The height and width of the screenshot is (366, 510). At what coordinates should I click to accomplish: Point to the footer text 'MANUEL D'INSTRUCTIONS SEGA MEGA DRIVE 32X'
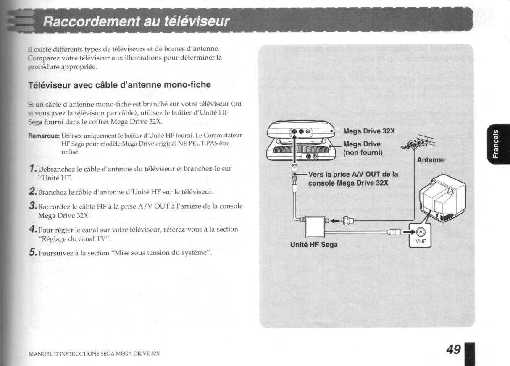(x=94, y=354)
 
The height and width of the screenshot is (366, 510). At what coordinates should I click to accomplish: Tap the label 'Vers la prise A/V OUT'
(x=353, y=175)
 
